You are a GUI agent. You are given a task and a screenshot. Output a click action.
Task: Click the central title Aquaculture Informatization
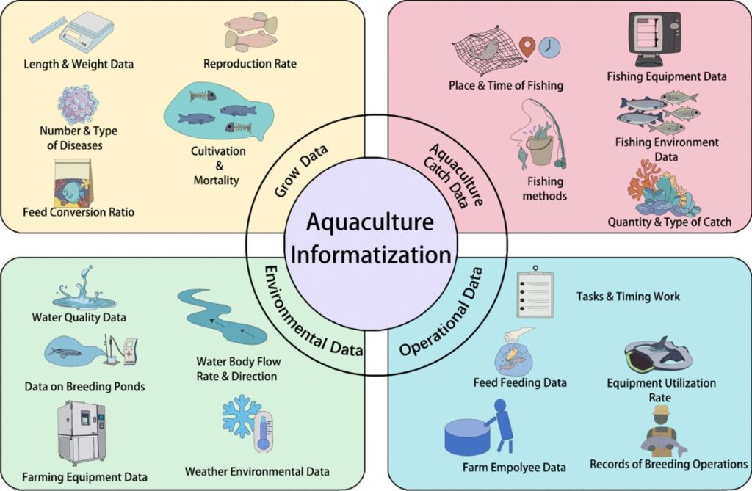tap(370, 238)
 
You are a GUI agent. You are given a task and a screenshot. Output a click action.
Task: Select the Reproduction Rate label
tap(250, 64)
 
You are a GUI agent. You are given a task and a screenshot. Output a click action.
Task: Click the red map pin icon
tap(526, 48)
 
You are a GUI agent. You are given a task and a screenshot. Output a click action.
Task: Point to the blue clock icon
tap(549, 48)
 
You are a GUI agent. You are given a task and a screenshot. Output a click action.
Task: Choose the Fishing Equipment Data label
tap(667, 76)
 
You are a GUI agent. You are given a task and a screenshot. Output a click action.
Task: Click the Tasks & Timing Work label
tap(628, 297)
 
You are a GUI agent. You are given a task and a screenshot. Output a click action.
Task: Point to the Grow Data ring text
tap(301, 171)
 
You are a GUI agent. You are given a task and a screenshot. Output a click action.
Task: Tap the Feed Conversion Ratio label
tap(78, 213)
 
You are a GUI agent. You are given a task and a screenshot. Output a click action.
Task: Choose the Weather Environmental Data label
tap(257, 471)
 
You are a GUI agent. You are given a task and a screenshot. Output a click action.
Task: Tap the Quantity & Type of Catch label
tap(670, 222)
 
